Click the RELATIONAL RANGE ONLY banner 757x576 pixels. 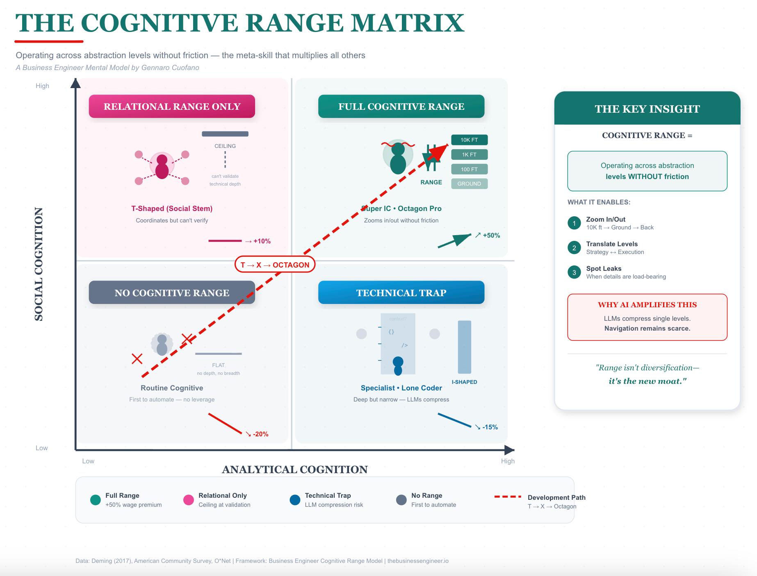pyautogui.click(x=172, y=107)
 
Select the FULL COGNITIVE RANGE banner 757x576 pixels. pyautogui.click(x=401, y=107)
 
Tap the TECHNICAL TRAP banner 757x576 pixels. pyautogui.click(x=401, y=293)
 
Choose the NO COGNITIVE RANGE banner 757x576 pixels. pyautogui.click(x=172, y=293)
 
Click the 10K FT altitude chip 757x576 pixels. pyautogui.click(x=469, y=140)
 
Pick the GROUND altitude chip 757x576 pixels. pyautogui.click(x=469, y=184)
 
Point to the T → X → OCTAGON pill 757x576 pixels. pyautogui.click(x=275, y=265)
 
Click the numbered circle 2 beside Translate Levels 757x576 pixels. pyautogui.click(x=574, y=248)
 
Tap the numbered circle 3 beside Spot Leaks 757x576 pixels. pyautogui.click(x=574, y=272)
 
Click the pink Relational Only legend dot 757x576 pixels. pyautogui.click(x=189, y=500)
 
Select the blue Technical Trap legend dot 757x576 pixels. pyautogui.click(x=295, y=500)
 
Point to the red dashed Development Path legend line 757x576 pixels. pyautogui.click(x=508, y=497)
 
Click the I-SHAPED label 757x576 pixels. pyautogui.click(x=464, y=382)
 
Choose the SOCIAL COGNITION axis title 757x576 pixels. pyautogui.click(x=39, y=264)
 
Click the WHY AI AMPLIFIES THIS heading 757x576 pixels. pyautogui.click(x=647, y=305)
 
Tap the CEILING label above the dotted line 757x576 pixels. pyautogui.click(x=225, y=146)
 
